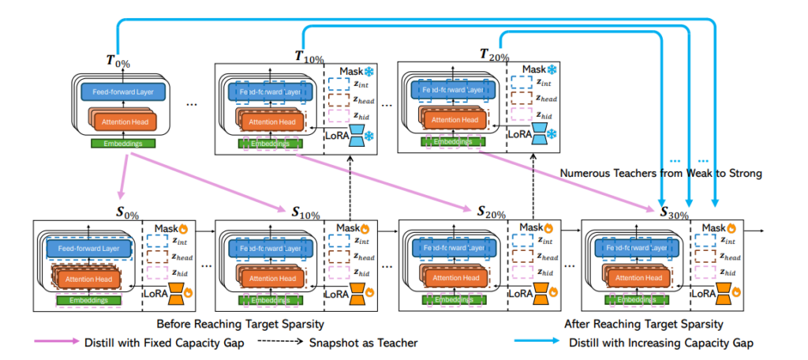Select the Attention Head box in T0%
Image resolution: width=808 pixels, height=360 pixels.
123,122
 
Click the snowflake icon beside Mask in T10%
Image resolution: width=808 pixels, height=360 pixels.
368,72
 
